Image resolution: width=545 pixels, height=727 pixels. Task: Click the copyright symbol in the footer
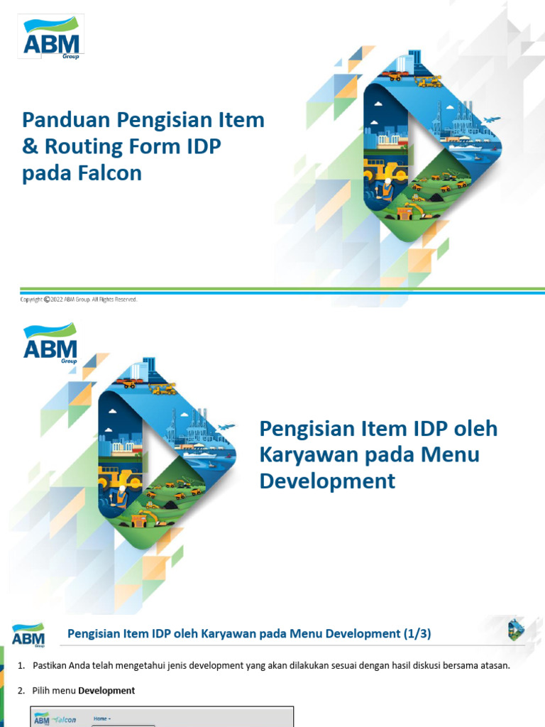[x=48, y=300]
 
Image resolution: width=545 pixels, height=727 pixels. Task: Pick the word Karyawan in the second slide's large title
[x=309, y=455]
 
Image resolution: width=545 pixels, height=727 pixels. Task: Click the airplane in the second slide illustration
[x=226, y=427]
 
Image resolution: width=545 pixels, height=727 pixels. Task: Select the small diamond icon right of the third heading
[x=516, y=630]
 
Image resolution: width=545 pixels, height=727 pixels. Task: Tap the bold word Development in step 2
[x=106, y=691]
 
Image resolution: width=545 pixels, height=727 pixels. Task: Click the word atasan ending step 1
[x=494, y=665]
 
